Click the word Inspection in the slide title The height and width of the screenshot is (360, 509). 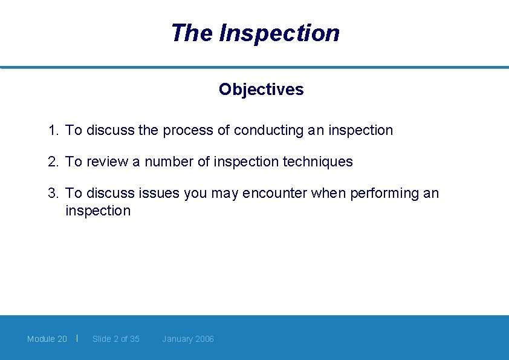coord(279,33)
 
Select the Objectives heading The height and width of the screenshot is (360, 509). coord(261,90)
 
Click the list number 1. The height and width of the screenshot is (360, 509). coord(53,130)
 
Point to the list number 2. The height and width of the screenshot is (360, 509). coord(53,162)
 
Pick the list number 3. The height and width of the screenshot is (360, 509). coord(53,193)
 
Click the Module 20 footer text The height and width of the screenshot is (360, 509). coord(47,339)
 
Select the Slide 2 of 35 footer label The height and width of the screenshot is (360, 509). coord(116,339)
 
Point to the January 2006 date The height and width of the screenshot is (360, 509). coord(188,339)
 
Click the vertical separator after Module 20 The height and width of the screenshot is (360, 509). coord(77,338)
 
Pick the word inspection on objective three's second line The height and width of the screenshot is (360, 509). coord(98,211)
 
